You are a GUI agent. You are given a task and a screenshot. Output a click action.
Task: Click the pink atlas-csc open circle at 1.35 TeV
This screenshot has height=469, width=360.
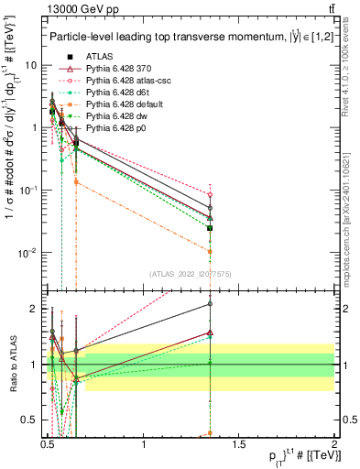coord(210,194)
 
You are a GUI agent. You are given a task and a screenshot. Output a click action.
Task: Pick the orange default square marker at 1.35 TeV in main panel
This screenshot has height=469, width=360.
coord(210,251)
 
